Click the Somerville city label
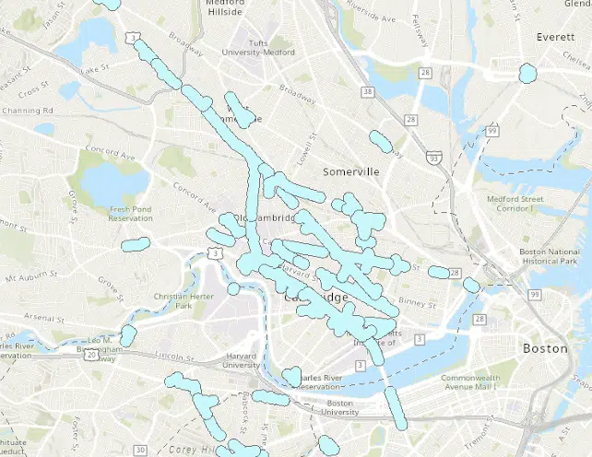click(x=351, y=172)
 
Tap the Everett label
click(x=556, y=37)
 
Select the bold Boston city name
click(x=539, y=349)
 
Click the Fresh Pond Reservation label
click(x=130, y=213)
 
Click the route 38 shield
click(x=369, y=92)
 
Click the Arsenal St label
click(x=42, y=317)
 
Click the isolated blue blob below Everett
click(x=527, y=73)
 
